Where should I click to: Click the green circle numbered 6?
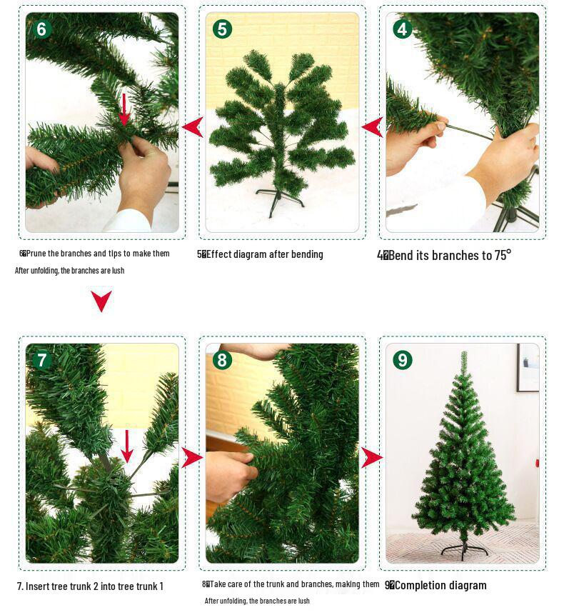click(x=42, y=29)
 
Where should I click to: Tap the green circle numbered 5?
click(x=223, y=29)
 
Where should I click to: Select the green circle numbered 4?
click(x=403, y=29)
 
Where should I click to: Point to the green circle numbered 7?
click(x=42, y=360)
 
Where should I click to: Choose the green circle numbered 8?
click(x=223, y=360)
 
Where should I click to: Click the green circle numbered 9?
click(x=403, y=360)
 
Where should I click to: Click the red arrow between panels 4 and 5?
click(x=372, y=128)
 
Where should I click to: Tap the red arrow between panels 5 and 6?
click(x=192, y=128)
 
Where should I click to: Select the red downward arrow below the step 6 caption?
click(x=101, y=301)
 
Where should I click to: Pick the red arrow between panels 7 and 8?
click(x=191, y=457)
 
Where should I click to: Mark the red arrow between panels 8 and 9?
click(x=371, y=457)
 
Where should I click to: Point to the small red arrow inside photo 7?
click(x=127, y=446)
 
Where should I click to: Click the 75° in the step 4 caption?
click(x=503, y=255)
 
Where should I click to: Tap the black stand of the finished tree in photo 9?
click(x=463, y=550)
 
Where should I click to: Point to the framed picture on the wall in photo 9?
click(x=528, y=367)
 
